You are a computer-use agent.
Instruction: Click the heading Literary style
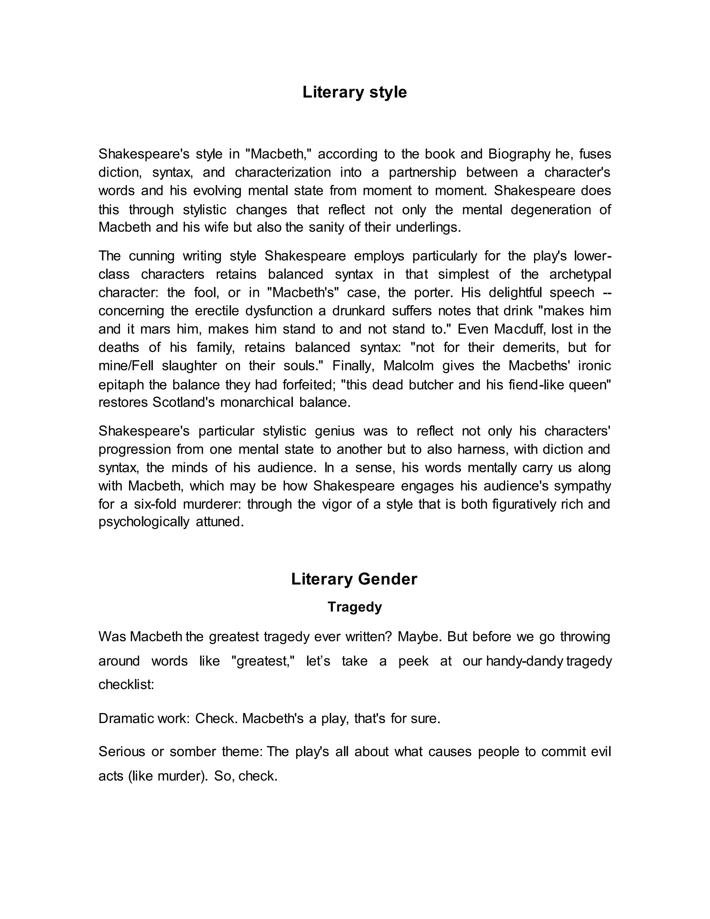(355, 92)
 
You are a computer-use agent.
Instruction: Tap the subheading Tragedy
(355, 607)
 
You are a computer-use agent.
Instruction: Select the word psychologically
(144, 522)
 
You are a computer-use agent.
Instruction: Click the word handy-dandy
(524, 661)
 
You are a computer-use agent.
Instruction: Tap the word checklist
(126, 685)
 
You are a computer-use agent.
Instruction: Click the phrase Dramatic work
(144, 718)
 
